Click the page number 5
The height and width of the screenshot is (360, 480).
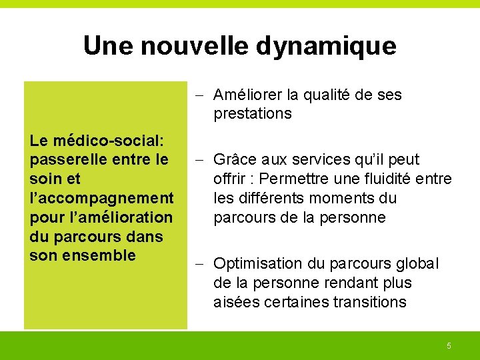point(449,345)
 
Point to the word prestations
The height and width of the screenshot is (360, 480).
point(253,113)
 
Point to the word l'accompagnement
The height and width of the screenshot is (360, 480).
point(102,198)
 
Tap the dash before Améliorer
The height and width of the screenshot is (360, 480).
point(202,95)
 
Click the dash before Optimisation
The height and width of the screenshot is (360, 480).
point(202,264)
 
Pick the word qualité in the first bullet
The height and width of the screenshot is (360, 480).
point(327,95)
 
